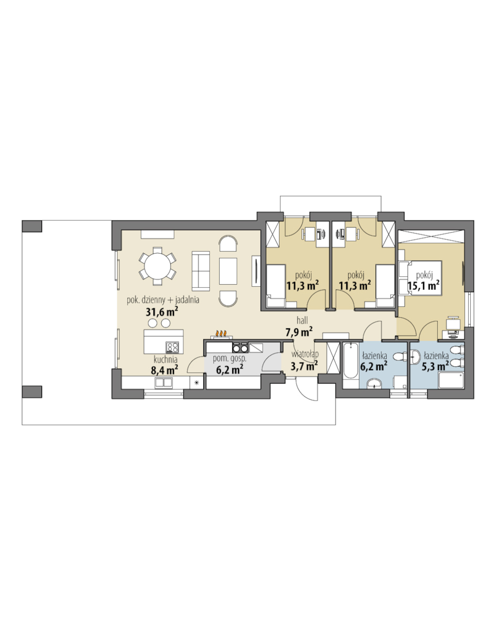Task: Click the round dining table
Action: pyautogui.click(x=158, y=266)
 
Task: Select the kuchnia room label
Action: pyautogui.click(x=166, y=359)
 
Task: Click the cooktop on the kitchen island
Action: pyautogui.click(x=172, y=347)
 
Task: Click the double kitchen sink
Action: pyautogui.click(x=163, y=383)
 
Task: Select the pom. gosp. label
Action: pyautogui.click(x=230, y=359)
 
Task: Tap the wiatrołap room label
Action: pyautogui.click(x=305, y=354)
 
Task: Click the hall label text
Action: pyautogui.click(x=303, y=320)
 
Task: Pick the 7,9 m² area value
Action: pyautogui.click(x=299, y=331)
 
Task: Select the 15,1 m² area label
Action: pyautogui.click(x=424, y=286)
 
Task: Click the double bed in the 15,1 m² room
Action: pyautogui.click(x=420, y=278)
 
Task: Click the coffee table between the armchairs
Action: pyautogui.click(x=228, y=271)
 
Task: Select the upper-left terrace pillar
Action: pyautogui.click(x=32, y=226)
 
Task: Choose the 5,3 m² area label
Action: pyautogui.click(x=435, y=366)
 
